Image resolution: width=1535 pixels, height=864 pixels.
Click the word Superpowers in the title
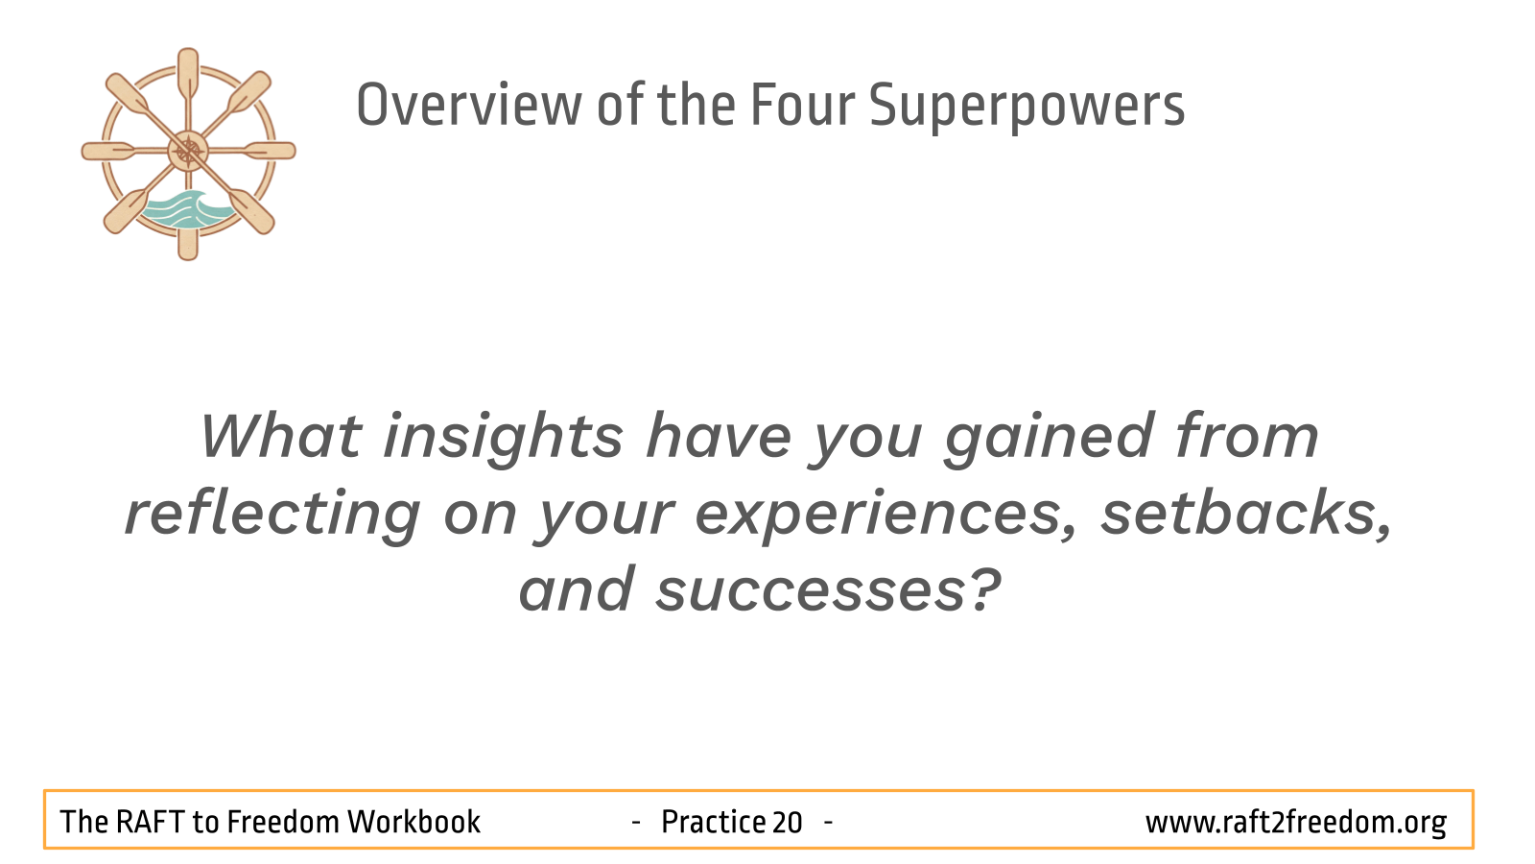tap(1027, 107)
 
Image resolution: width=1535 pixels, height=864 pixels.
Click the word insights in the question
tap(503, 439)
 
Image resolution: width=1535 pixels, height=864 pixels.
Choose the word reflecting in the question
tap(272, 515)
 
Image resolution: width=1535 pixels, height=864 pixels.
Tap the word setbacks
tap(1246, 515)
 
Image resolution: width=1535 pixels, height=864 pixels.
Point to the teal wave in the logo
tap(187, 210)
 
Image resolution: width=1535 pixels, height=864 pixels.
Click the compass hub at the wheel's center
tap(188, 152)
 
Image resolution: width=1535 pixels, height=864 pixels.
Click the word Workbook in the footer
tap(413, 822)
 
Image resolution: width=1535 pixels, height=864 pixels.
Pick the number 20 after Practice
tap(787, 823)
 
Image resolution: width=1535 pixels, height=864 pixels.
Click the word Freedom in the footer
tap(283, 822)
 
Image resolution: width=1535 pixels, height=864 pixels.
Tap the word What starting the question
tap(280, 436)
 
